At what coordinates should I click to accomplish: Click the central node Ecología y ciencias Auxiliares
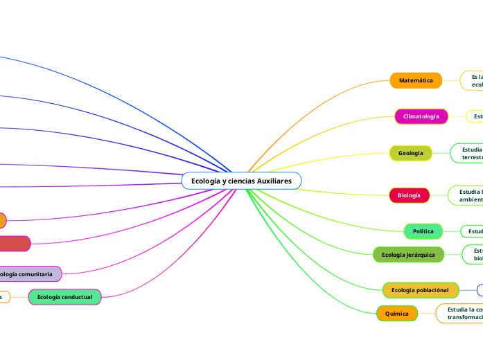pos(241,181)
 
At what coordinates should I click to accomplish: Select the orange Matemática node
pos(416,80)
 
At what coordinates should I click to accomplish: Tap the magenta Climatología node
pos(421,116)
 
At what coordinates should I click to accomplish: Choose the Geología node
pos(410,153)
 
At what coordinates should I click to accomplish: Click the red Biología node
pos(409,195)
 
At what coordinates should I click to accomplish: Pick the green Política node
pos(423,231)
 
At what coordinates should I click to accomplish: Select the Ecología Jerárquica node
pos(408,255)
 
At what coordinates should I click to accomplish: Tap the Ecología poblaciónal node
pos(420,289)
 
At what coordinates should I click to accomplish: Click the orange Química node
pos(396,314)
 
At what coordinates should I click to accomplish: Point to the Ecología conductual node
pos(64,297)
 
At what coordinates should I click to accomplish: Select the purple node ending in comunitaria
pos(28,274)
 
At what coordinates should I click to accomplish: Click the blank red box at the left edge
pos(14,243)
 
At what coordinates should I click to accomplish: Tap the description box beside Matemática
pos(473,80)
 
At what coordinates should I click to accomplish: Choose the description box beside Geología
pos(467,153)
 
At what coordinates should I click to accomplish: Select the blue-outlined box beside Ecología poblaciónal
pos(480,289)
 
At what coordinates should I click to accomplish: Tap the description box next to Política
pos(472,231)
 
